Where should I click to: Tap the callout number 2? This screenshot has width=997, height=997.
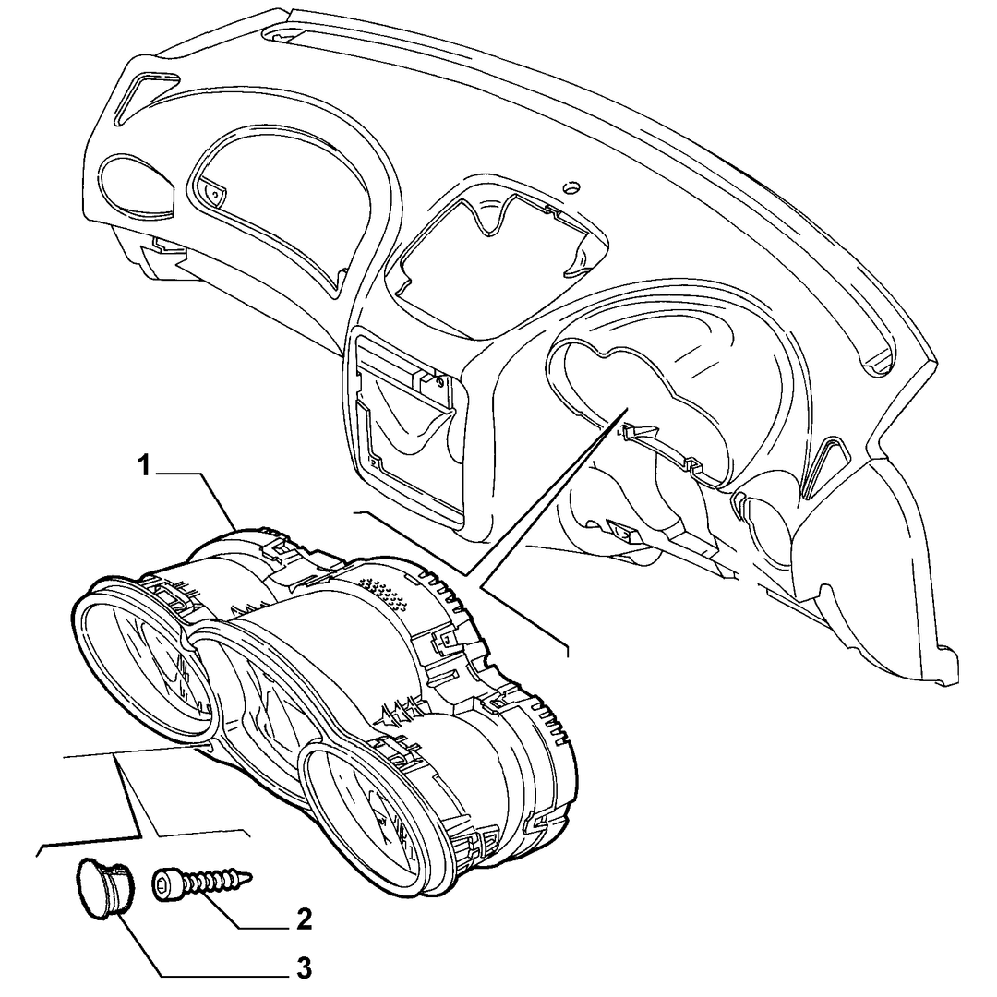305,919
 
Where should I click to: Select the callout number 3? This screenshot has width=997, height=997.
305,968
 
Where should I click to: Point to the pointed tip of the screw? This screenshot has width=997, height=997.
251,878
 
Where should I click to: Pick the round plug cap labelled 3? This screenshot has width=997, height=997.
102,888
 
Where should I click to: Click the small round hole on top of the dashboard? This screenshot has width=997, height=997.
571,186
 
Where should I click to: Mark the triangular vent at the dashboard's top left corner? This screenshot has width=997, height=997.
146,95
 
